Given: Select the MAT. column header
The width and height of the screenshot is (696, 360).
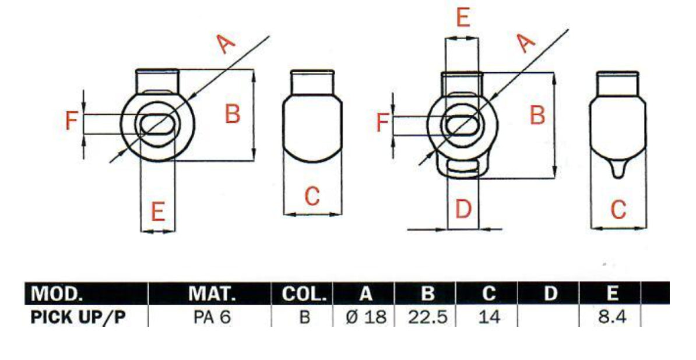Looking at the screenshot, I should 212,294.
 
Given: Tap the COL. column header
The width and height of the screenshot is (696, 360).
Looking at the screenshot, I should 303,294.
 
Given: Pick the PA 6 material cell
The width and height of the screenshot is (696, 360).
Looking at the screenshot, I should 212,317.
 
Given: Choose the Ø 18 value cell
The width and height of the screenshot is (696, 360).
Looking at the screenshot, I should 365,317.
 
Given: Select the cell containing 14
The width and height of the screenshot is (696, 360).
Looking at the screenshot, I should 488,317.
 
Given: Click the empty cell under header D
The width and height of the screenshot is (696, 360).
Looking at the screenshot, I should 549,317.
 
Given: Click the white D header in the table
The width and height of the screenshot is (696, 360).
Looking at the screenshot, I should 549,294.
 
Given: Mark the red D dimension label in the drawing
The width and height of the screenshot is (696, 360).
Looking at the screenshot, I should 463,209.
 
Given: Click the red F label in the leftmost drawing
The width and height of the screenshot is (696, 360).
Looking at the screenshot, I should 71,122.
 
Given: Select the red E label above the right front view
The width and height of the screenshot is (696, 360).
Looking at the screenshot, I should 463,19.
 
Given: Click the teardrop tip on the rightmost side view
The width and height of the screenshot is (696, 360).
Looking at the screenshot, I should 618,171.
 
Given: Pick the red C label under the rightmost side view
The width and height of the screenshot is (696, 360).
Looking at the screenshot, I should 618,209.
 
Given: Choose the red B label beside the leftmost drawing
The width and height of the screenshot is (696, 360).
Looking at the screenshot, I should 233,114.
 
